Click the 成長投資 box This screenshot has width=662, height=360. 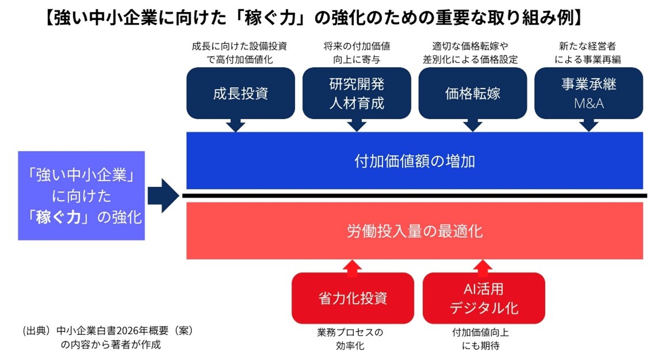[240, 93]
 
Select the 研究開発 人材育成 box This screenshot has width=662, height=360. [357, 93]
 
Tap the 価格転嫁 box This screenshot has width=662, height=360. [472, 93]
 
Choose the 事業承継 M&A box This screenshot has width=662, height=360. [588, 93]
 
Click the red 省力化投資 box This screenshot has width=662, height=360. [353, 298]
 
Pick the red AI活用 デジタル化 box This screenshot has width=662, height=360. [483, 298]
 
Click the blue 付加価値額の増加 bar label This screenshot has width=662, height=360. [414, 161]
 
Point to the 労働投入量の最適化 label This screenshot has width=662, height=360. [414, 231]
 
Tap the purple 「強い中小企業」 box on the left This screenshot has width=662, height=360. [81, 196]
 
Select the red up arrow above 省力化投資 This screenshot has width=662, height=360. [353, 266]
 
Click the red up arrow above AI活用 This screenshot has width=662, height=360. [484, 266]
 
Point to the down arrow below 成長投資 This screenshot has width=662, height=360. [236, 125]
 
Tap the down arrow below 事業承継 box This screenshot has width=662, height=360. [588, 125]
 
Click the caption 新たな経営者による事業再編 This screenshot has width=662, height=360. [588, 52]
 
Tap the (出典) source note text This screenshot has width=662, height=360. [107, 338]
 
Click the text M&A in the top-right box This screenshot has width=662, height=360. [588, 104]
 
